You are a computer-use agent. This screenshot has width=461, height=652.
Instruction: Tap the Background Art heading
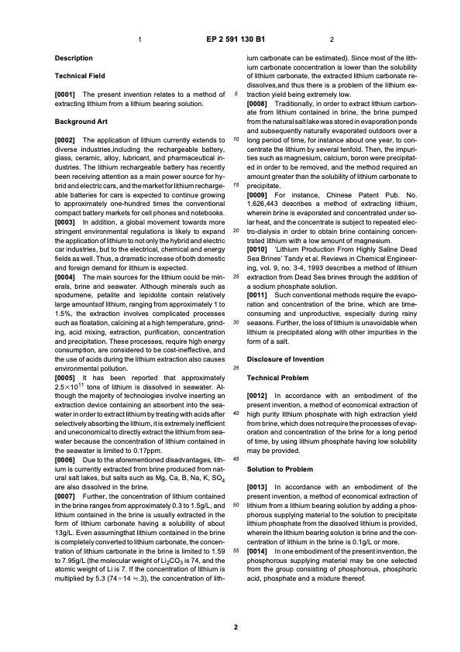81,122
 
